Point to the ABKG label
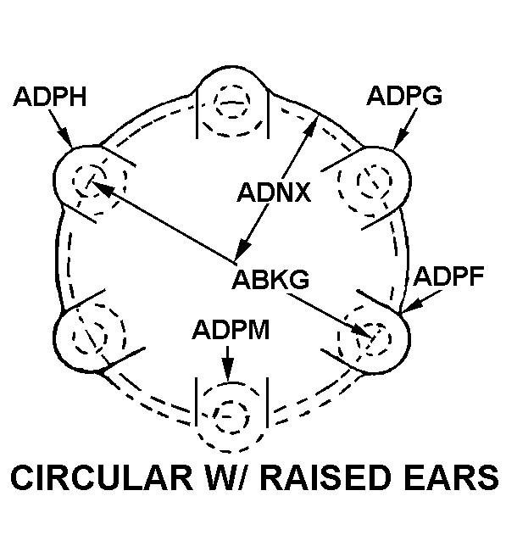(x=271, y=279)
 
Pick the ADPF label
(x=448, y=276)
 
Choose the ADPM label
(x=231, y=329)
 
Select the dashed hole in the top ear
(x=231, y=105)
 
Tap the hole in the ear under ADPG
(x=371, y=180)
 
